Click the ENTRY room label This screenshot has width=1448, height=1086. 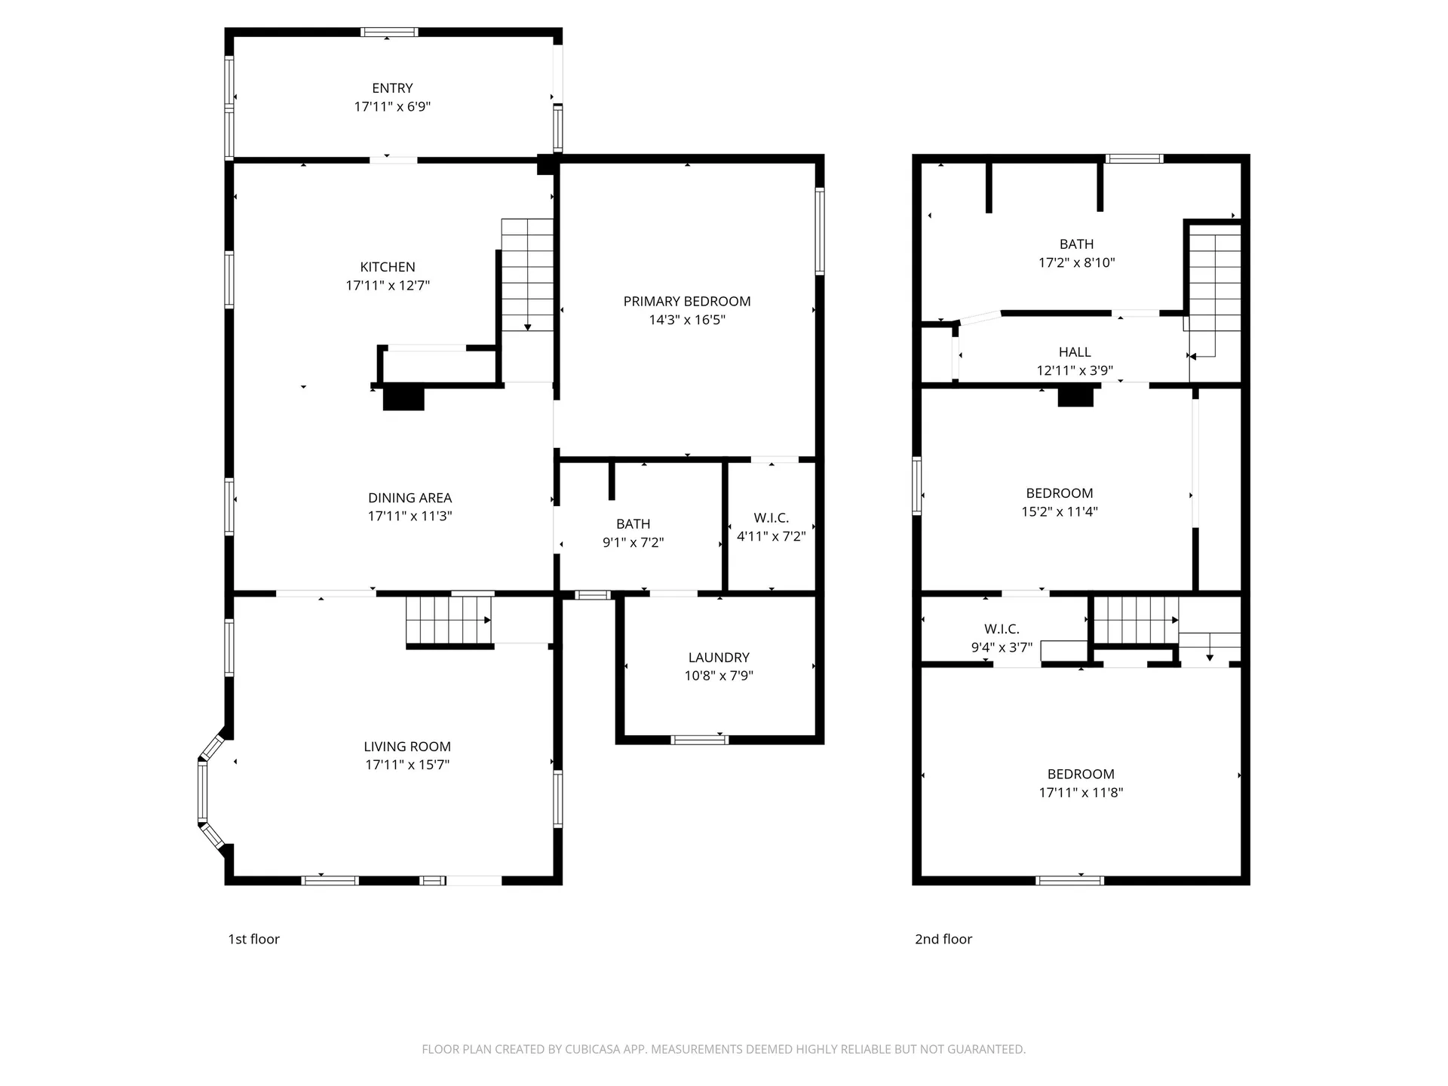[x=392, y=88]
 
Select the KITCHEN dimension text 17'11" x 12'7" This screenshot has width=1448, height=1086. [x=388, y=286]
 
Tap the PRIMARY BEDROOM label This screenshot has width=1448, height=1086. [x=686, y=301]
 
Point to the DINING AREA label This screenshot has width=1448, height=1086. [x=410, y=498]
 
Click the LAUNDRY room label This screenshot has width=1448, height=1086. [x=718, y=658]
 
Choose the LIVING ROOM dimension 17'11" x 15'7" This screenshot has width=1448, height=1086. [x=407, y=765]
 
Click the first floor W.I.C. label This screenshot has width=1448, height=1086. [x=771, y=518]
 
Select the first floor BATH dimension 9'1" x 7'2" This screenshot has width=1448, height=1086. [x=633, y=542]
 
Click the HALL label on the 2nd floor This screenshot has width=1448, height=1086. [x=1074, y=352]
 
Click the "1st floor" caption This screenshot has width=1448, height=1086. [x=253, y=939]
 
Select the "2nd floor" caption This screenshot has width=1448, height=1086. [x=943, y=939]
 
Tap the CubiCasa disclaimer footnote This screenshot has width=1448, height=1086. [x=723, y=1049]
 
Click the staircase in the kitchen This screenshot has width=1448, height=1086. [x=527, y=275]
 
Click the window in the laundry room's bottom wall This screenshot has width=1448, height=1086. [x=699, y=740]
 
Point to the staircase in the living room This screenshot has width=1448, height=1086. [x=449, y=620]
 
